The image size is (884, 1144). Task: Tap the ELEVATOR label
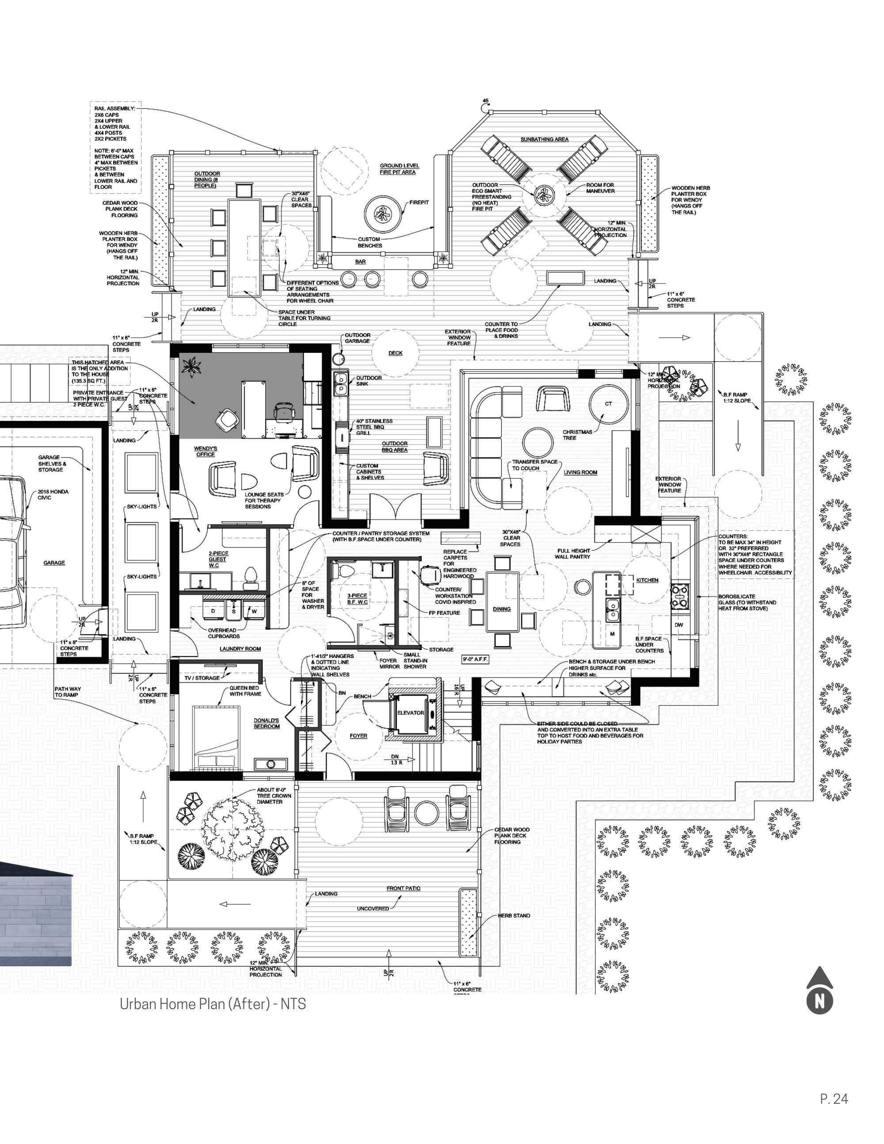[411, 713]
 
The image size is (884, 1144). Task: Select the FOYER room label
[358, 736]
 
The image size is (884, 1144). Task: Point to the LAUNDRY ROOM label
[240, 648]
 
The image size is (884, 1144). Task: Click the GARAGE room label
[54, 562]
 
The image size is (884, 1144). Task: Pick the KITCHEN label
[647, 580]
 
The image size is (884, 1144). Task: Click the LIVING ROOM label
[580, 472]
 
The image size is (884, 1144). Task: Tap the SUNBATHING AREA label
[544, 139]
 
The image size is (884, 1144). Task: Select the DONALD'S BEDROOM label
[267, 723]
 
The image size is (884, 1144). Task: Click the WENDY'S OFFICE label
[205, 451]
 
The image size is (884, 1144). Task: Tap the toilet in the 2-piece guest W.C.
[251, 574]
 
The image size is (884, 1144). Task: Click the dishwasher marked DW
[679, 625]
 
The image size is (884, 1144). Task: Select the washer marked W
[255, 611]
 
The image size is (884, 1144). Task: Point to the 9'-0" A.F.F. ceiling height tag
[475, 659]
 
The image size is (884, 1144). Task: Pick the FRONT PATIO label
[403, 888]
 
